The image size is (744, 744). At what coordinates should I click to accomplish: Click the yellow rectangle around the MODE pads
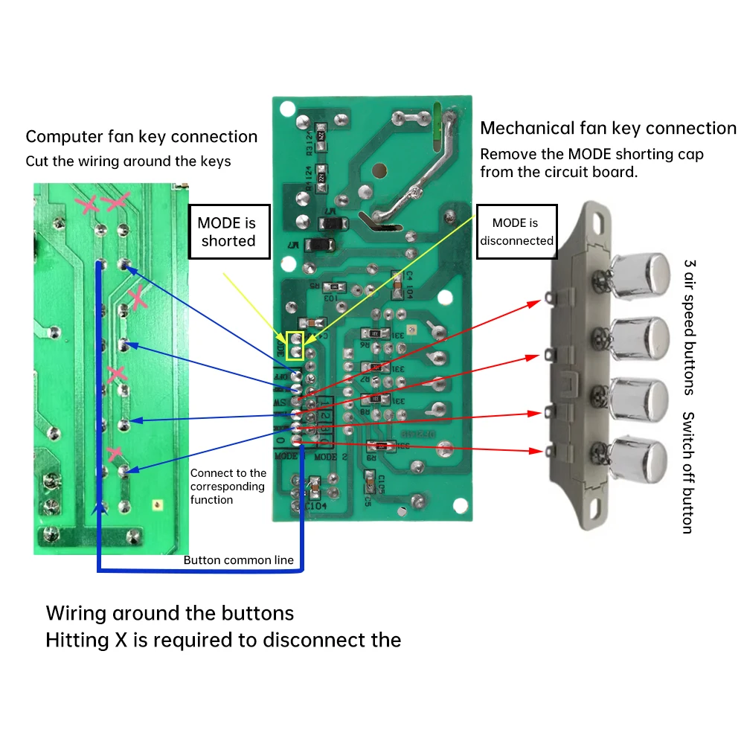click(x=295, y=345)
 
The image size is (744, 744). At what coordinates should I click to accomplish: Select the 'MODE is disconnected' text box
click(x=516, y=231)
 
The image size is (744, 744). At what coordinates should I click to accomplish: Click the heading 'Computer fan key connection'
click(x=141, y=137)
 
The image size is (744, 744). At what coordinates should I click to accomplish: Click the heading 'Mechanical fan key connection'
click(x=608, y=128)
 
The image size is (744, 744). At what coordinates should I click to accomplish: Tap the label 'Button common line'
click(x=238, y=560)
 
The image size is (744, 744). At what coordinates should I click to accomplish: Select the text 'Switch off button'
click(x=687, y=472)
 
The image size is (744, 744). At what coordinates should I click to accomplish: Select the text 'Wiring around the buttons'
click(x=170, y=614)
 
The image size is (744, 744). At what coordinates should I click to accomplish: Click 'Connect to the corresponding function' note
click(x=228, y=487)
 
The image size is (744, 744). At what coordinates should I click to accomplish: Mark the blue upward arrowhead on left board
click(x=97, y=509)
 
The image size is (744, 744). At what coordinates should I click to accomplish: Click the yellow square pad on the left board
click(x=156, y=504)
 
